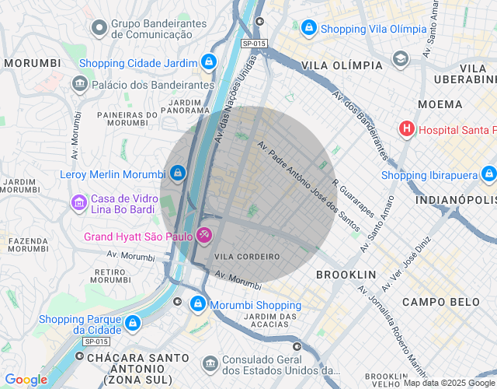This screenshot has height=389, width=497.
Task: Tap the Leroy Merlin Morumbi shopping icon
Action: [178, 173]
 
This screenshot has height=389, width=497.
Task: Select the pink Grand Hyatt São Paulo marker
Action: [203, 234]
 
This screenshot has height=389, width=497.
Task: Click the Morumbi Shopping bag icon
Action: [198, 303]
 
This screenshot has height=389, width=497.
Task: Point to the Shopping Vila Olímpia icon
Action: [309, 28]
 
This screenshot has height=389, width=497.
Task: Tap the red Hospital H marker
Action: [405, 129]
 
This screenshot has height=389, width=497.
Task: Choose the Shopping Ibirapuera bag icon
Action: [488, 174]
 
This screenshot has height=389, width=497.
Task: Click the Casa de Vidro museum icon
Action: [79, 204]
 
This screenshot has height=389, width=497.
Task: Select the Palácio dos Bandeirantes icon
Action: [79, 84]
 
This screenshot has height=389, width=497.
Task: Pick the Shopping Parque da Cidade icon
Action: [133, 322]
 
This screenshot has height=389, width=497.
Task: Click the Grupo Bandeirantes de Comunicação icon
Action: [99, 29]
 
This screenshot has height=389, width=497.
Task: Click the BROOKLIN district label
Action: [346, 275]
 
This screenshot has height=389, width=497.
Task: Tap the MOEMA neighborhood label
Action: [440, 103]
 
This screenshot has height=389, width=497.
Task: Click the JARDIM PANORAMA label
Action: [186, 106]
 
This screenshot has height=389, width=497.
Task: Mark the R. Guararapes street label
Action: [354, 199]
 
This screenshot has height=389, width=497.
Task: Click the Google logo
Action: [26, 380]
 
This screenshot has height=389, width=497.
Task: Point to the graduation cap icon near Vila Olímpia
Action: [401, 58]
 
